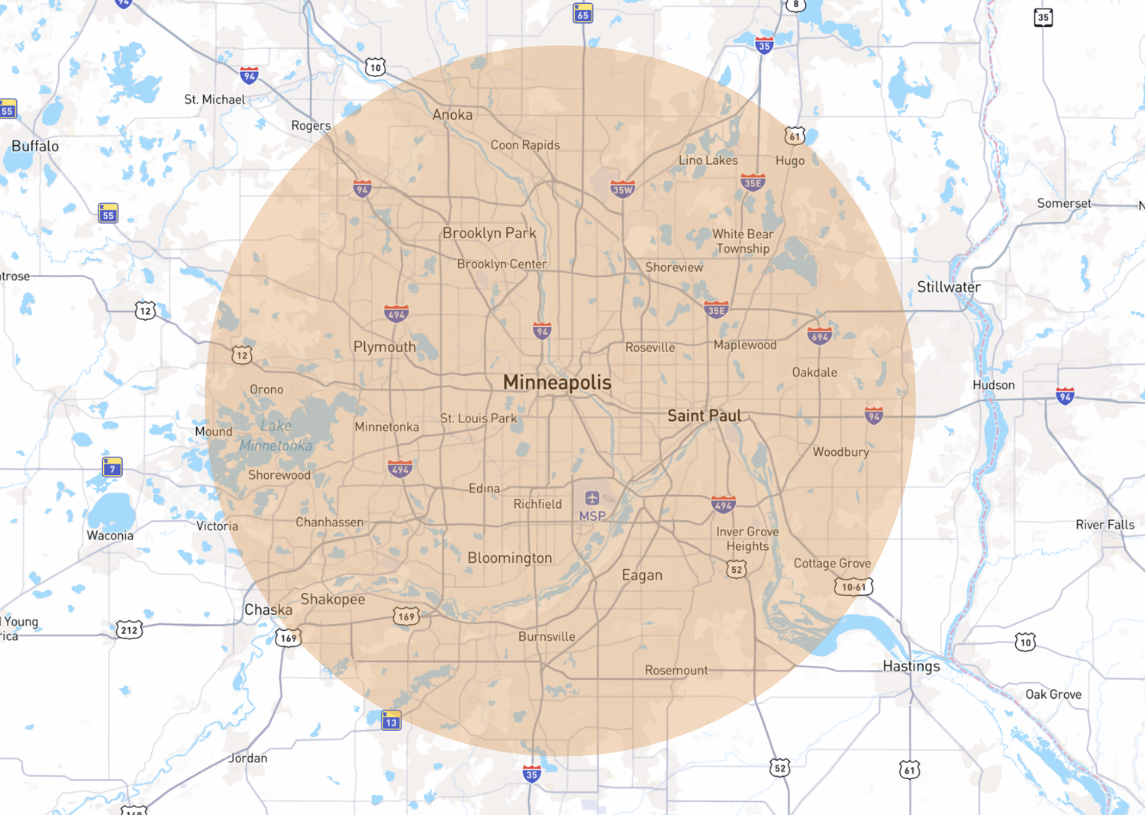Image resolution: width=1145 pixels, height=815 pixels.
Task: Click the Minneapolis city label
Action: [557, 383]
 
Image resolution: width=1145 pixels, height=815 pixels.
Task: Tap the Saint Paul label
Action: [704, 416]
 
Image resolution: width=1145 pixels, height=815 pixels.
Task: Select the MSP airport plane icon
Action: [592, 498]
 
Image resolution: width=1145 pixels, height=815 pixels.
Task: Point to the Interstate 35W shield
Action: [623, 189]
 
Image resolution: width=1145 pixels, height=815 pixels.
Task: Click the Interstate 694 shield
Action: [819, 336]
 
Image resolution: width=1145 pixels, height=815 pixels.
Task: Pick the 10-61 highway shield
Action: [853, 587]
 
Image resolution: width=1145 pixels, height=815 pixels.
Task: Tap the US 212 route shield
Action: [129, 630]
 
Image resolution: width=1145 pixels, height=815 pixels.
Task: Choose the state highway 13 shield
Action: [391, 720]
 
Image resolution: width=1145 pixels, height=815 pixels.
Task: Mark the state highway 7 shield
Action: [112, 467]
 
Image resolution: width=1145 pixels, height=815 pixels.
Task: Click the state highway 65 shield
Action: [583, 14]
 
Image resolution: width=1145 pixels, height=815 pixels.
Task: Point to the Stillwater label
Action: [949, 287]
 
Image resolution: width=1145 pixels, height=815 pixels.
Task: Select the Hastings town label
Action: [911, 666]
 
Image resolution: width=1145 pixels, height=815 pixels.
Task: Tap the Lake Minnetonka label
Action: [276, 435]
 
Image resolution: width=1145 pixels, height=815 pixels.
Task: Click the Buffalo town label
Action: [35, 146]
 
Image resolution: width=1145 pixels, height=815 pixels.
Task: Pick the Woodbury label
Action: [840, 452]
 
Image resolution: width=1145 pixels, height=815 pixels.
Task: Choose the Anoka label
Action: [452, 115]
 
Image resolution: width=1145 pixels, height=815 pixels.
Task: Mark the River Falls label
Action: [1105, 525]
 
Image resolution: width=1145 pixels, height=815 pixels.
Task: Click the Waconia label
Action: [110, 535]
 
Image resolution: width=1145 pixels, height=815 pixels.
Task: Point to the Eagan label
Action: [642, 575]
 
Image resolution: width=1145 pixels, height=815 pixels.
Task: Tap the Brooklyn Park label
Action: [489, 233]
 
